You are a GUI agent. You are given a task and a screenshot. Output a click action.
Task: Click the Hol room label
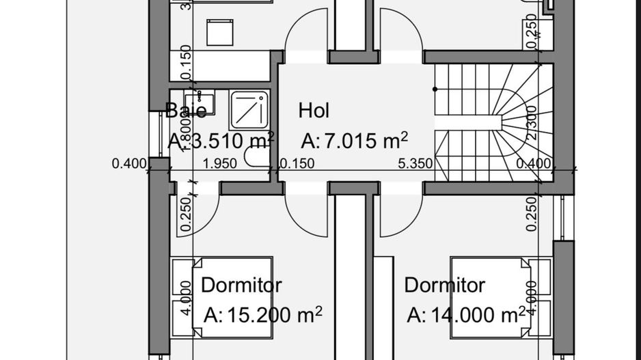pos(314,110)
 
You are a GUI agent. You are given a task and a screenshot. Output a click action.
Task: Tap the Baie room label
pos(185,111)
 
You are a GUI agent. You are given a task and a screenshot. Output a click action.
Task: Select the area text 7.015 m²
pos(355,141)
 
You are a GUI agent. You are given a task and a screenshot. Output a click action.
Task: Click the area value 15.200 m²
pos(263,315)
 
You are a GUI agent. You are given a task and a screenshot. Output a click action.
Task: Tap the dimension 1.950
pos(220,163)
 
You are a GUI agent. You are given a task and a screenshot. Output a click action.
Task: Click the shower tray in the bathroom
pos(249,109)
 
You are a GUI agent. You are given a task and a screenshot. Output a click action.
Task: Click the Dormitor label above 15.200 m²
pos(241,284)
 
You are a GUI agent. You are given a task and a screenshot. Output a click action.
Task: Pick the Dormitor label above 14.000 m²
pos(444,284)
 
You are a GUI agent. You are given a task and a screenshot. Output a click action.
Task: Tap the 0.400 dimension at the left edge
pos(129,163)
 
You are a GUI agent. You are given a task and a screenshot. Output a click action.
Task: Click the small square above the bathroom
pos(221,31)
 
